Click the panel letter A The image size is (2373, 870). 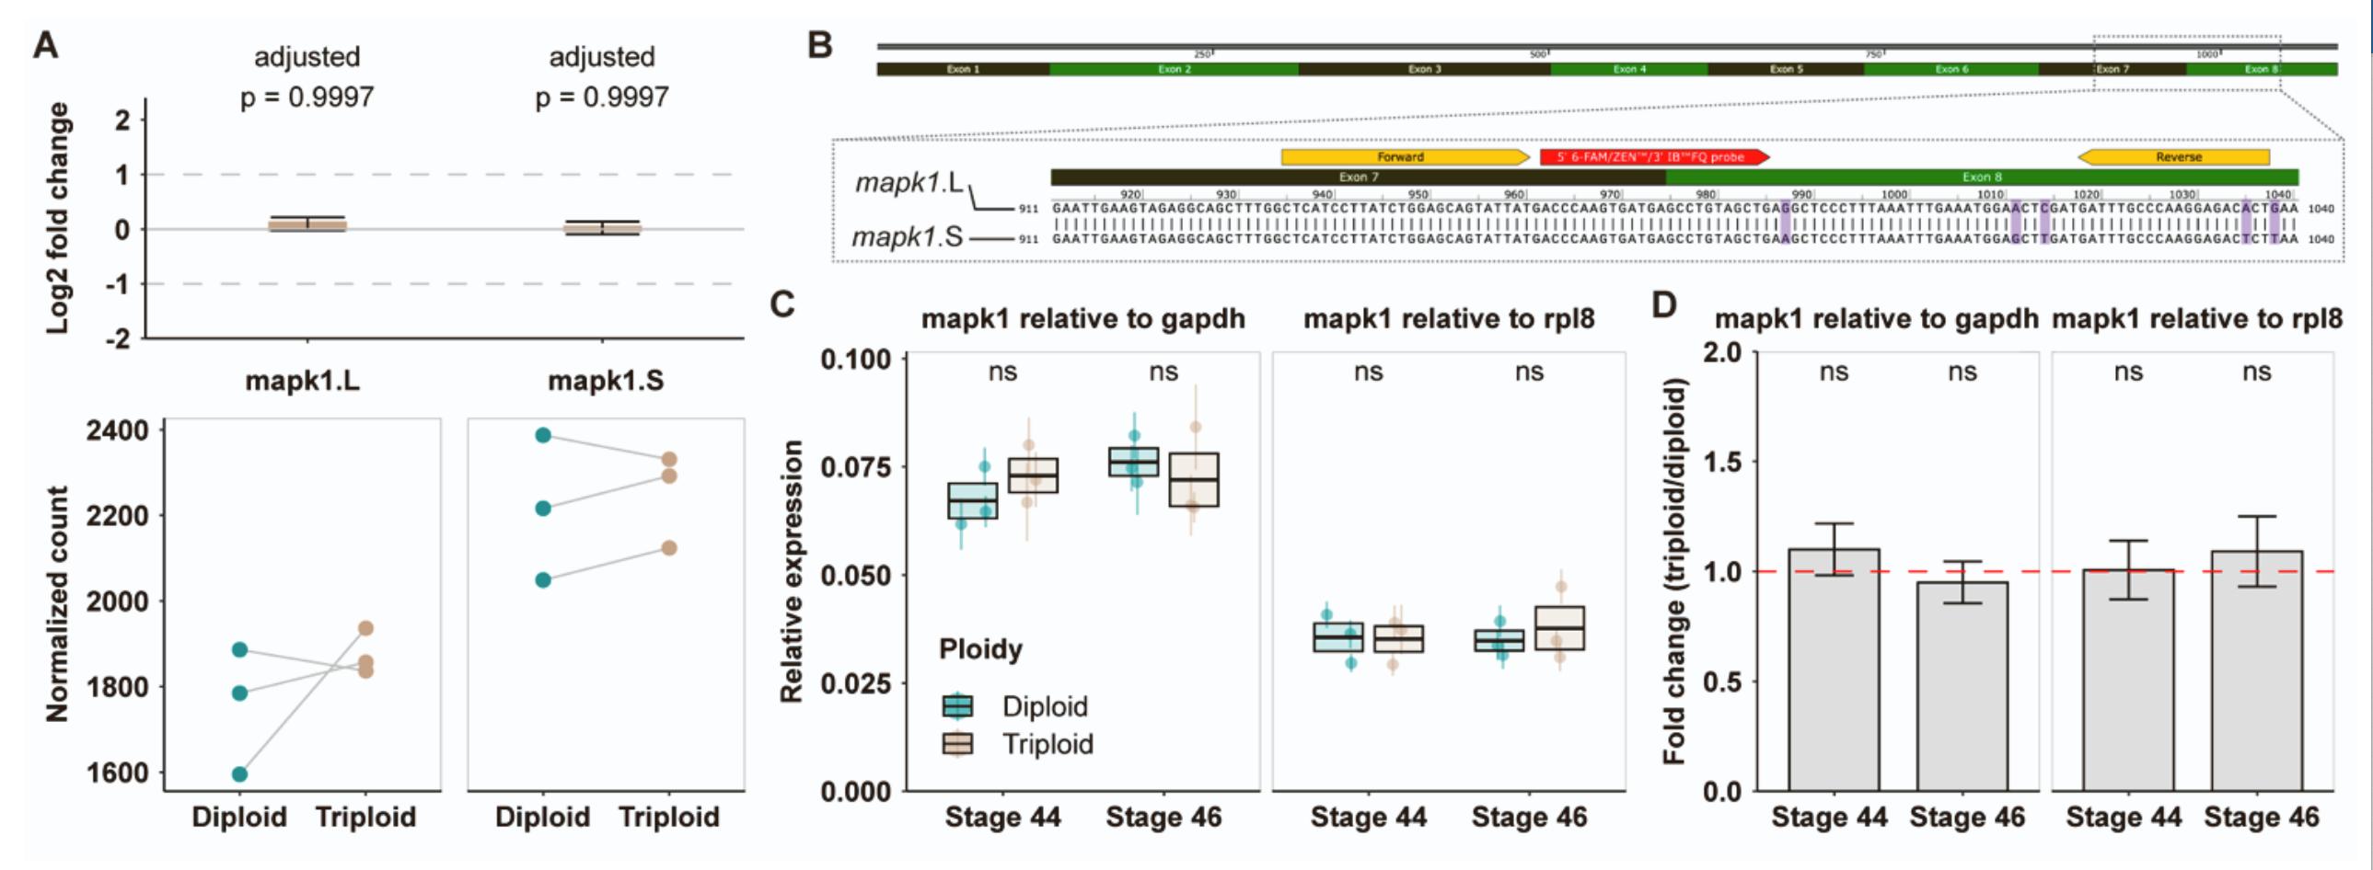pos(45,43)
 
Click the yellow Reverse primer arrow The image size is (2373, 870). pos(2175,157)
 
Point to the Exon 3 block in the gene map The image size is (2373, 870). pos(1423,69)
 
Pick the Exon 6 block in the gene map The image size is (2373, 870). pos(1950,69)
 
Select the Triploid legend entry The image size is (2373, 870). pos(1047,744)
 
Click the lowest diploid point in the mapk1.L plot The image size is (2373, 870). pos(239,774)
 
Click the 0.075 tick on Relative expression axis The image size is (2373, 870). pos(855,467)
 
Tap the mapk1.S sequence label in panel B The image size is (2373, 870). pos(907,237)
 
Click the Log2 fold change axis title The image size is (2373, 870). pos(58,218)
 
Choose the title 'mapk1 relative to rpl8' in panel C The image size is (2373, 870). pos(1448,318)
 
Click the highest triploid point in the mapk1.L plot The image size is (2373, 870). pos(365,629)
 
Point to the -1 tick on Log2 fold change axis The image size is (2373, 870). pos(118,284)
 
